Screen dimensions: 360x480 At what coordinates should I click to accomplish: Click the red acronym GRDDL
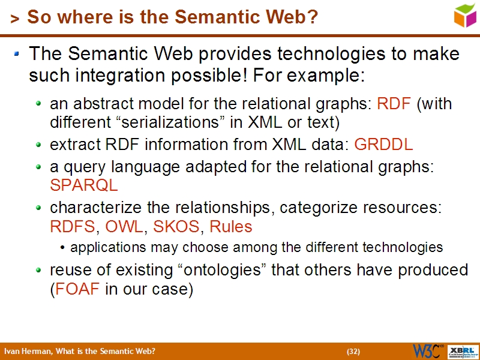(383, 145)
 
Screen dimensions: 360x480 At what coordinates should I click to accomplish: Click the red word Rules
(231, 227)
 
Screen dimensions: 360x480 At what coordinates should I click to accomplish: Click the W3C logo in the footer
(428, 351)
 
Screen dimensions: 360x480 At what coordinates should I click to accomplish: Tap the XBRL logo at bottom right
(464, 351)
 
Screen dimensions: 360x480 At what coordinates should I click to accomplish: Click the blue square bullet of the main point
(17, 55)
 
